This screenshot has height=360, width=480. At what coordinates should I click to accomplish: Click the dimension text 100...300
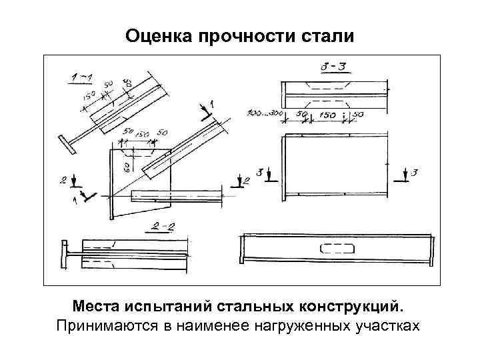(x=262, y=114)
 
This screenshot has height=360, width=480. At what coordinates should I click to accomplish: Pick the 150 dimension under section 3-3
(x=327, y=115)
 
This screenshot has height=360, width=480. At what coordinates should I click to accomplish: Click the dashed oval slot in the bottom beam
(x=338, y=250)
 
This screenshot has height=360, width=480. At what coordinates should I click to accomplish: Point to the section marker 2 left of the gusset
(x=65, y=181)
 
